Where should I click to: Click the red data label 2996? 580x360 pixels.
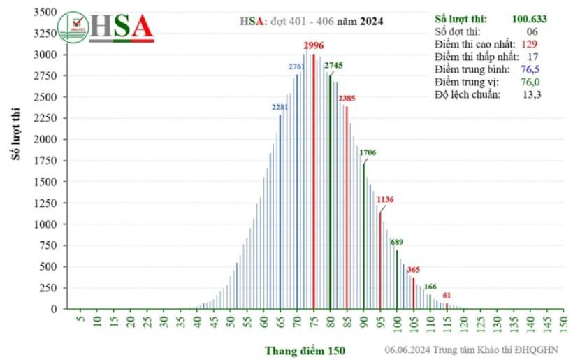pos(314,46)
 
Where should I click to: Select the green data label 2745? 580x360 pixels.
pos(334,66)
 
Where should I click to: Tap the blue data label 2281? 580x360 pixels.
pos(280,108)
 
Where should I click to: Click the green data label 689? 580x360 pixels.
pos(397,243)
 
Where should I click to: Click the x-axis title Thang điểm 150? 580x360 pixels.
pos(305,350)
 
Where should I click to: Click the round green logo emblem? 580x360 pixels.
pos(73,28)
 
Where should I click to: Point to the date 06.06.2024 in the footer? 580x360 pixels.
pos(407,350)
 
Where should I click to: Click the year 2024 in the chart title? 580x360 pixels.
pos(372,21)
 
